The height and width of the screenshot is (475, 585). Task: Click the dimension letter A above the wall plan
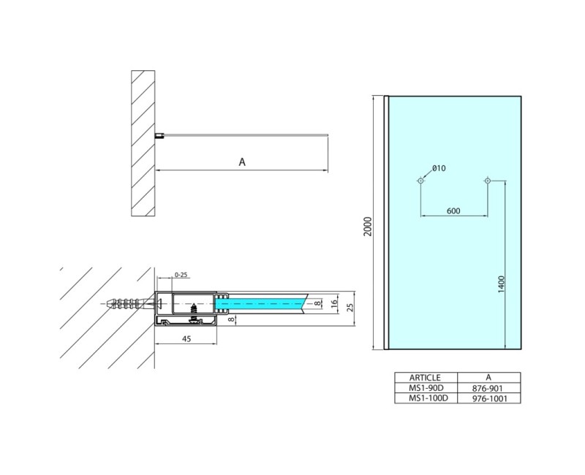[242, 162]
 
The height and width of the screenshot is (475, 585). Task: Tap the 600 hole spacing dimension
[453, 210]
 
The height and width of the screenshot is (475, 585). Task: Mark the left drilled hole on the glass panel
[420, 180]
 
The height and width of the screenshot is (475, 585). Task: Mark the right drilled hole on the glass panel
[487, 180]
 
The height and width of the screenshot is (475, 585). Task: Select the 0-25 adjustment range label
[181, 275]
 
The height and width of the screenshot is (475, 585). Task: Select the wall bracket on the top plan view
[159, 135]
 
